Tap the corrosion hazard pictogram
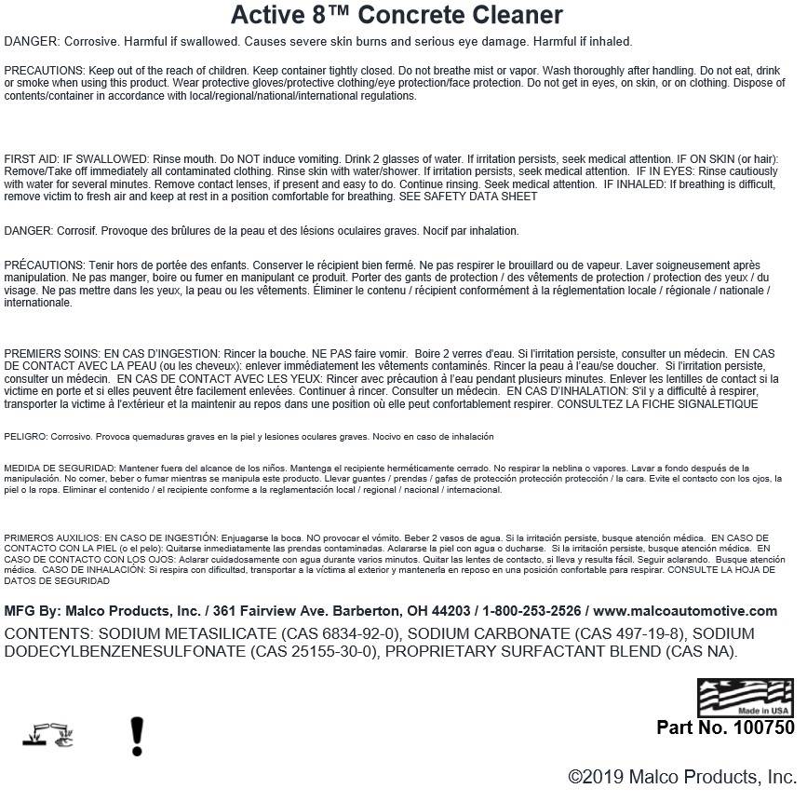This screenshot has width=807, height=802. click(47, 737)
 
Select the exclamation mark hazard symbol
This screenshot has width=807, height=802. click(137, 736)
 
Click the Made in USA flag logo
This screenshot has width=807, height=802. click(746, 698)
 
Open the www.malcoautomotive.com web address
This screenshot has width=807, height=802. click(685, 611)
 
